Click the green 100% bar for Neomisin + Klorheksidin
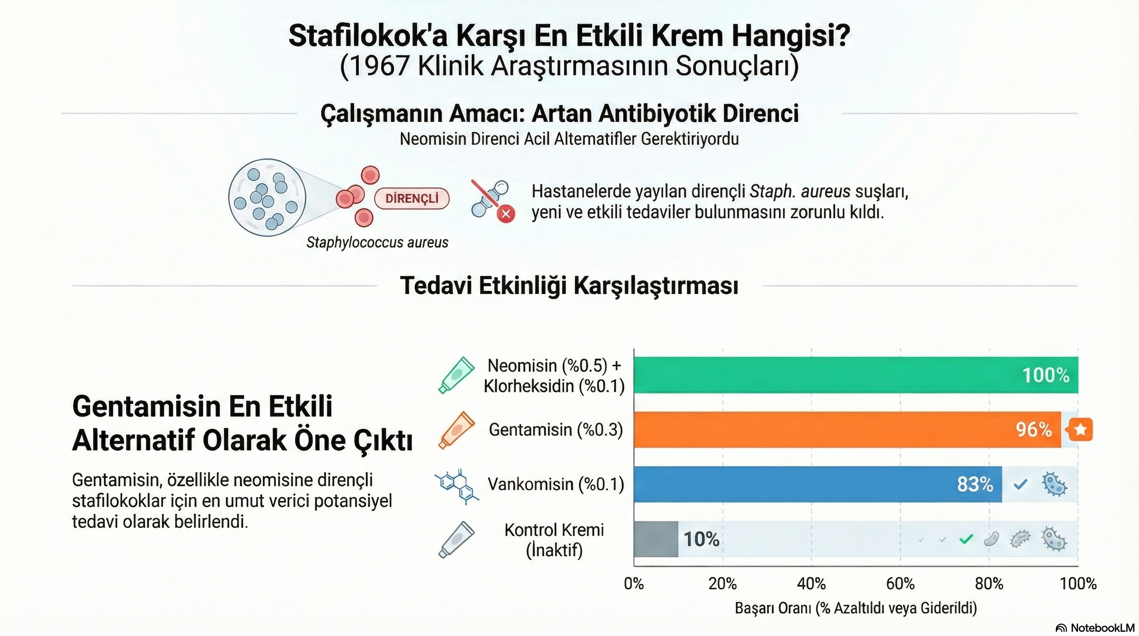(x=855, y=375)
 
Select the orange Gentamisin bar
(x=847, y=429)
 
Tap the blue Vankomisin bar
(x=818, y=484)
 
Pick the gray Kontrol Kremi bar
(x=656, y=539)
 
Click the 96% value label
(x=1034, y=430)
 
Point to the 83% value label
(x=975, y=484)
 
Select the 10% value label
(x=701, y=539)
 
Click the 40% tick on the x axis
(x=811, y=584)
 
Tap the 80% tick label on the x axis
(x=989, y=584)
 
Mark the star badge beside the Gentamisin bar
(x=1080, y=429)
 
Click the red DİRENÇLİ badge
(x=412, y=199)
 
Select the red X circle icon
(x=506, y=214)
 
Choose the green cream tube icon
(x=457, y=375)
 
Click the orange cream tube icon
(x=457, y=430)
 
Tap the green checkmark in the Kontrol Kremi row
(x=966, y=539)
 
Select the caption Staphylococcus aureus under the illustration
(x=377, y=242)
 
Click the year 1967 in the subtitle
(x=380, y=66)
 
